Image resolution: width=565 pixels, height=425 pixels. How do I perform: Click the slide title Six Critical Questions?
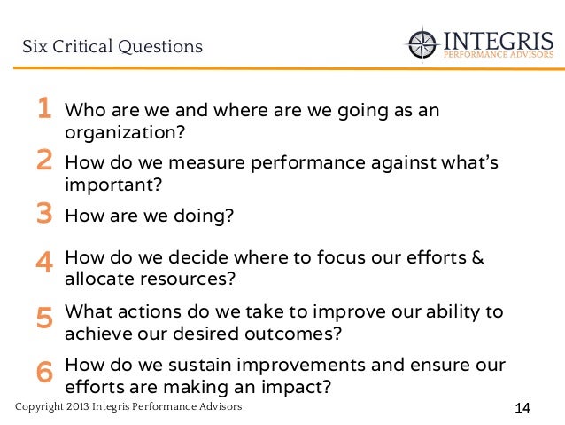tap(112, 45)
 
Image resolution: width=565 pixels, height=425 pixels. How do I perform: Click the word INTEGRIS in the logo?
tap(498, 40)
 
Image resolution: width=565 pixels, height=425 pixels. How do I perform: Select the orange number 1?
tap(43, 110)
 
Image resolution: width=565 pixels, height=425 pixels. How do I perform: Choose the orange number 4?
tap(43, 263)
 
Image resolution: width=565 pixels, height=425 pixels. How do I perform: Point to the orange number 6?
tap(43, 373)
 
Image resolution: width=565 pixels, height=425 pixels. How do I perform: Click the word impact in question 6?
tap(297, 387)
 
